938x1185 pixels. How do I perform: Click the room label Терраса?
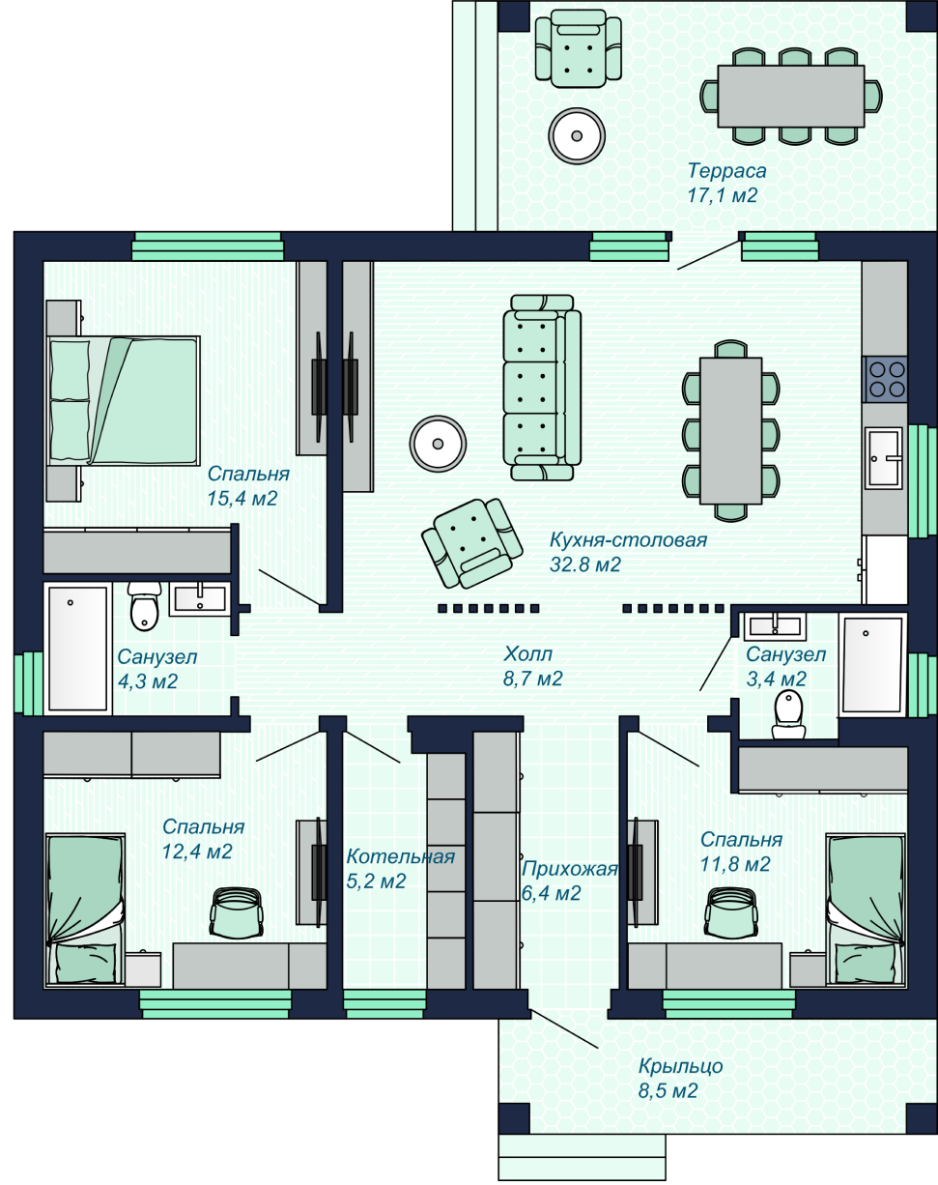click(x=726, y=171)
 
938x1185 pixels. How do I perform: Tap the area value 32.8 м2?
click(x=585, y=564)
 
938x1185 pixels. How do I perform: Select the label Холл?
click(x=527, y=653)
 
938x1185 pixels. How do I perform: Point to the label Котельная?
click(x=400, y=856)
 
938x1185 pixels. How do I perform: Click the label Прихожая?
click(x=570, y=869)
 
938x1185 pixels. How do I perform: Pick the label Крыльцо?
click(x=680, y=1067)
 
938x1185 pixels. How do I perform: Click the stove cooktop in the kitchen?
click(x=886, y=379)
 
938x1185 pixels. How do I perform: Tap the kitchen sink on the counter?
click(x=884, y=458)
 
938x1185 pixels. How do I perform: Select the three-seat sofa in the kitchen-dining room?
click(x=542, y=388)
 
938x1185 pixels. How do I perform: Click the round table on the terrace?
click(x=577, y=135)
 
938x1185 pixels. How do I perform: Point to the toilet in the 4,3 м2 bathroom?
click(x=144, y=606)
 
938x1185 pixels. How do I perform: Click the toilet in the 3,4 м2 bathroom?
click(x=788, y=713)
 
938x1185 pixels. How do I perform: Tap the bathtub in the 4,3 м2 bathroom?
click(x=77, y=649)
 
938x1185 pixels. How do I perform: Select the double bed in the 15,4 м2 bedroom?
click(x=123, y=400)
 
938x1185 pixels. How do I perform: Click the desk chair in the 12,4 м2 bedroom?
click(x=236, y=911)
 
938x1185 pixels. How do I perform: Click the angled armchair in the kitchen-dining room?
click(x=472, y=543)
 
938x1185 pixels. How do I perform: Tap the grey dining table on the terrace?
click(x=791, y=97)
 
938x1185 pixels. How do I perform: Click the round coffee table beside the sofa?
click(x=438, y=444)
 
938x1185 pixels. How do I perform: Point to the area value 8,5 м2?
click(x=668, y=1091)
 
